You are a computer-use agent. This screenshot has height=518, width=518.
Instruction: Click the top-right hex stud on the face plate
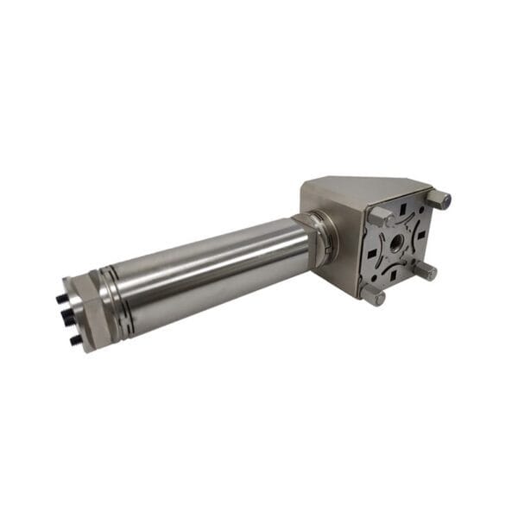(x=439, y=199)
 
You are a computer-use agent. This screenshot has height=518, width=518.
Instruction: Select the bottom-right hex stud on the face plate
(x=424, y=271)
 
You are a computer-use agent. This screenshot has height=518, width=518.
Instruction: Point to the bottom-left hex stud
(x=372, y=294)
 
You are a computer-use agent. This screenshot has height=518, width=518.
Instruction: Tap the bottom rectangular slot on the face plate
(x=394, y=275)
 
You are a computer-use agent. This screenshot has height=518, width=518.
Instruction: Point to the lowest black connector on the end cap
(x=75, y=340)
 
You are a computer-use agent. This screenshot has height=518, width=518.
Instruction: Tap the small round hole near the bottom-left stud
(x=379, y=278)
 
